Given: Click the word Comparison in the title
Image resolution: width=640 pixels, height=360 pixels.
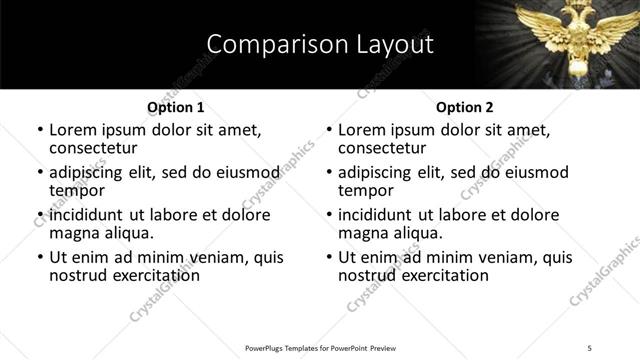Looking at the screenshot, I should click(x=267, y=45).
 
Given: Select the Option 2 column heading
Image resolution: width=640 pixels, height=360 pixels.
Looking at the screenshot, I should click(x=464, y=107).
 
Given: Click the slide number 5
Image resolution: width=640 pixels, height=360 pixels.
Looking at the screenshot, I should click(x=590, y=347).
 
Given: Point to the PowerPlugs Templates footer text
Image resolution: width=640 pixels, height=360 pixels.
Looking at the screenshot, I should click(x=319, y=347).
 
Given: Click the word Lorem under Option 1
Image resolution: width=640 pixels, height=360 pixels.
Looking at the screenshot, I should click(x=73, y=130).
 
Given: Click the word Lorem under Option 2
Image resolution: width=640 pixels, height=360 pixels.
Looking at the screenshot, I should click(x=362, y=130).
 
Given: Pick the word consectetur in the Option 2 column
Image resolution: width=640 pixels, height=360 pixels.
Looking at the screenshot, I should click(x=384, y=148).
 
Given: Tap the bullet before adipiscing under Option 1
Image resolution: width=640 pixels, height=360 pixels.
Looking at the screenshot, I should click(x=40, y=173).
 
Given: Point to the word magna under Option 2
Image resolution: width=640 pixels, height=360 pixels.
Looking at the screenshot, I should click(x=362, y=233).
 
